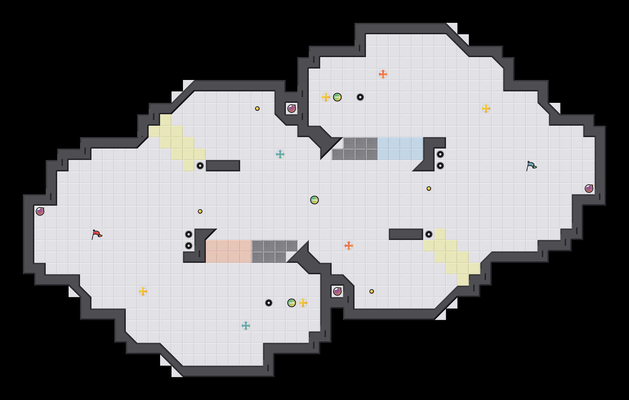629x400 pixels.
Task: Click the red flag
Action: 97,234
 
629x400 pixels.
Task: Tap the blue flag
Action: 531,166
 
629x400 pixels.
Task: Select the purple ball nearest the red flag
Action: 40,211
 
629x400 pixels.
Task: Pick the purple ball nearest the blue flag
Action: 589,189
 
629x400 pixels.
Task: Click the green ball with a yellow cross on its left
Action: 337,97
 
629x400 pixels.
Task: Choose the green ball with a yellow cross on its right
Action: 292,303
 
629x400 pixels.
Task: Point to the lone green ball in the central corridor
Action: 314,200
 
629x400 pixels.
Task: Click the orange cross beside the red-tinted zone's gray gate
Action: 349,246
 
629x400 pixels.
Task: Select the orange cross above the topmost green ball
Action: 383,74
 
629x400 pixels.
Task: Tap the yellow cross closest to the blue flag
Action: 486,109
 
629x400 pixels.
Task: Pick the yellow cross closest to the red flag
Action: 143,291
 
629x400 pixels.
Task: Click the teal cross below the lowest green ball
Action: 246,326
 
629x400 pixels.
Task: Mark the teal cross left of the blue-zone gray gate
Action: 280,154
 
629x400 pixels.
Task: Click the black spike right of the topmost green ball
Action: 360,97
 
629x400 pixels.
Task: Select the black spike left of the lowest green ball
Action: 269,303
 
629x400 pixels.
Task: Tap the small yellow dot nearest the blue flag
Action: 429,189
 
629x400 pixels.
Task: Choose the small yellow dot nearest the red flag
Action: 200,211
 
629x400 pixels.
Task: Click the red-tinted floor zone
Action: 229,251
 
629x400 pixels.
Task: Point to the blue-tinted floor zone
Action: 400,149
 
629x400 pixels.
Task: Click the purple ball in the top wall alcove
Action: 292,109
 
